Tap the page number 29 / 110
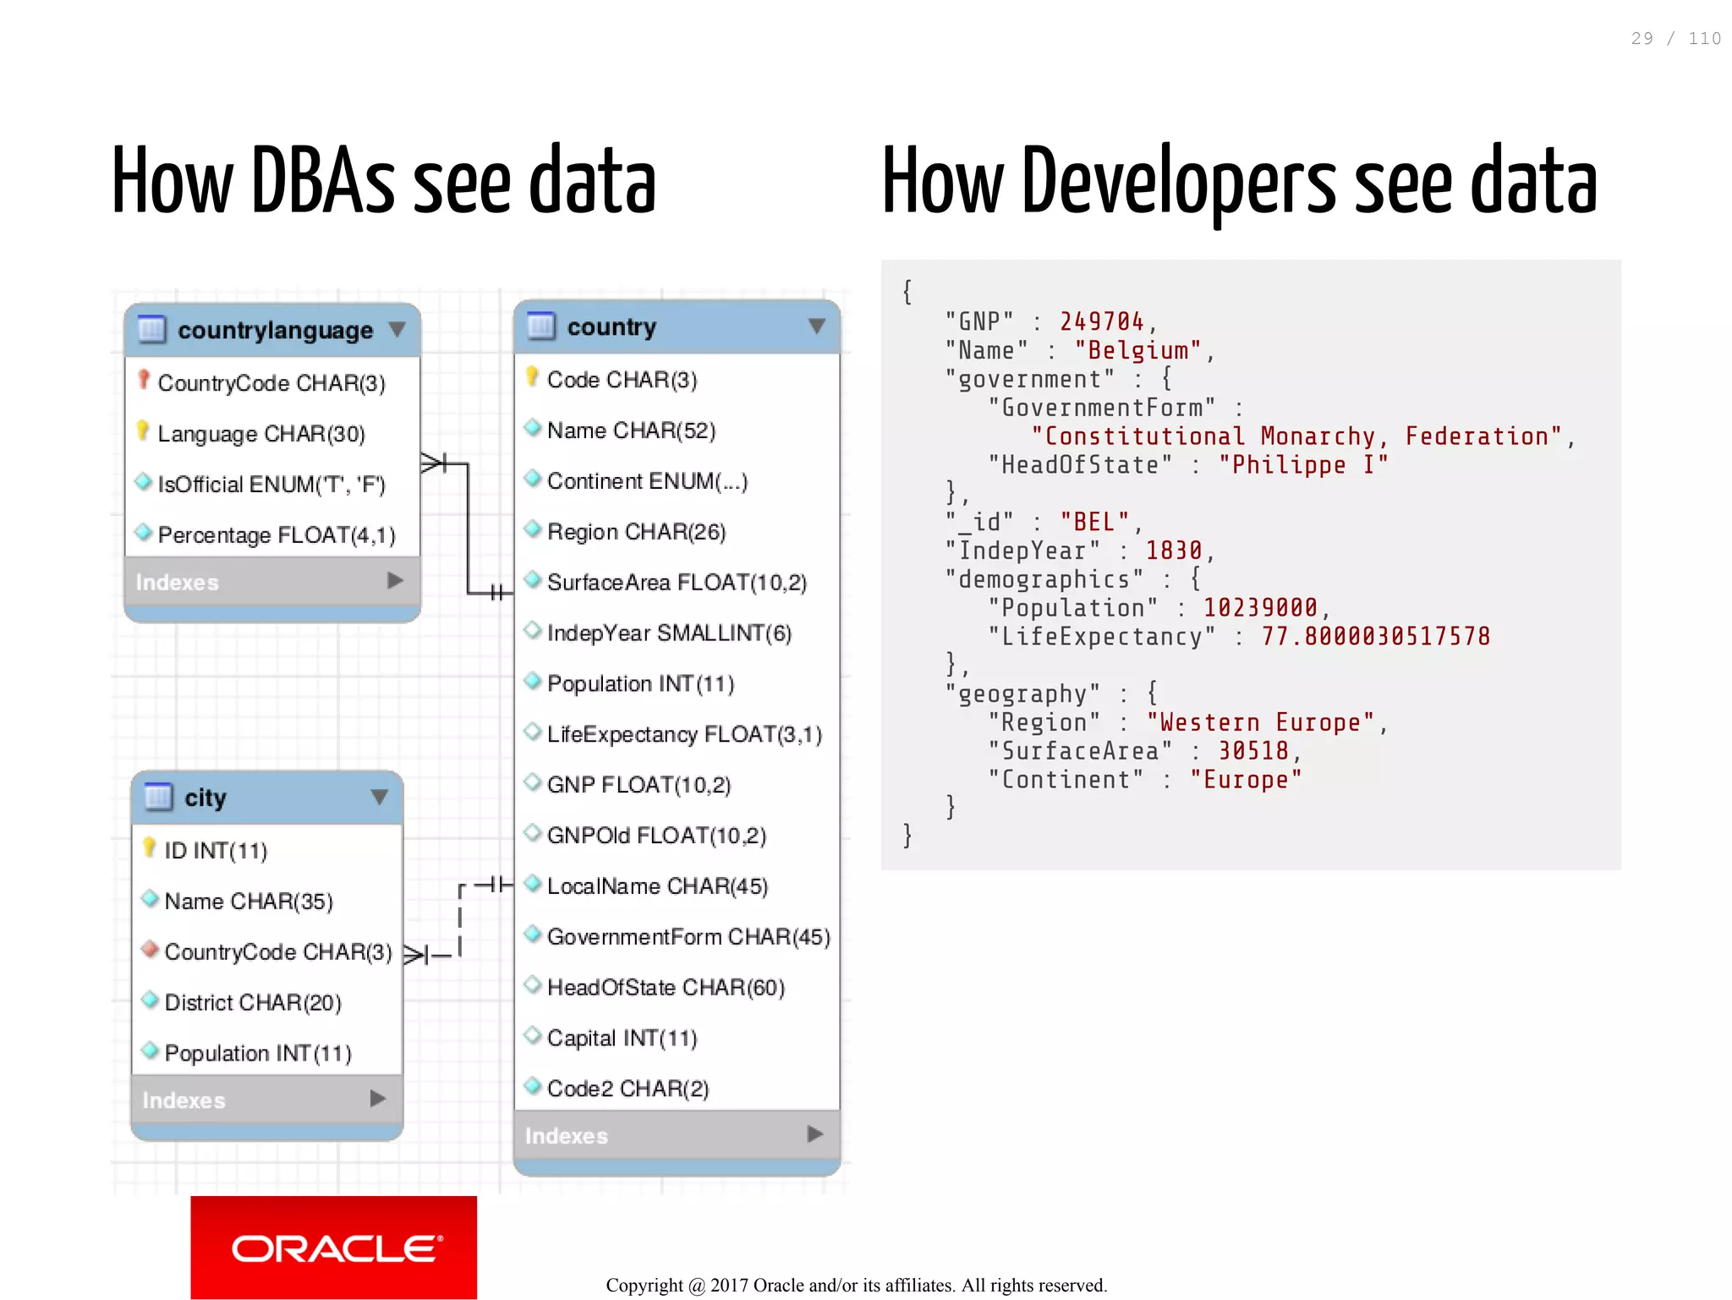(1675, 39)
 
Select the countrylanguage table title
(275, 330)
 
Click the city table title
(205, 798)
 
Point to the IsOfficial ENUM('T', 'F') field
(271, 485)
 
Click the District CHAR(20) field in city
(252, 1002)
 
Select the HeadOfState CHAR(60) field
(666, 987)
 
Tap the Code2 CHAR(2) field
(628, 1089)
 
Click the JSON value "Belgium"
(1137, 350)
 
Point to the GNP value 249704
(1101, 321)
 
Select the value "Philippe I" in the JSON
(1302, 465)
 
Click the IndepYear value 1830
(1173, 551)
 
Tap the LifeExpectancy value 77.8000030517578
(1375, 637)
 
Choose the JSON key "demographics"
(1044, 579)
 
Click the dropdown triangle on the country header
(816, 326)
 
